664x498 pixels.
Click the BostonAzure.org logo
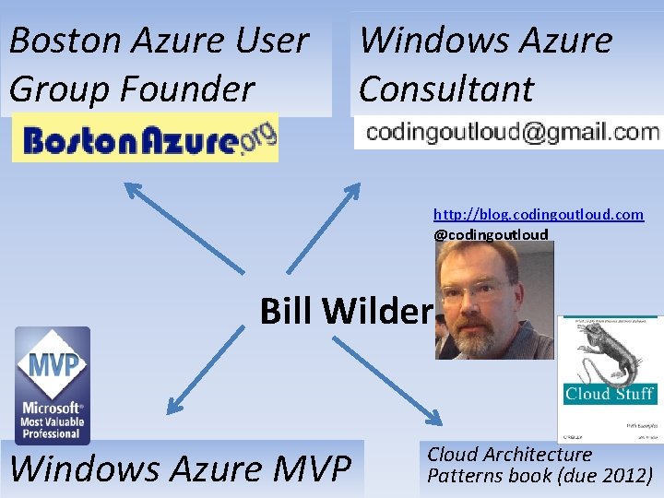[x=145, y=142]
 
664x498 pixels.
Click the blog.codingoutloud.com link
[x=539, y=214]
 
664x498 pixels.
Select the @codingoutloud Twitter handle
[x=491, y=234]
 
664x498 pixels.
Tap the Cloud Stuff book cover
[x=610, y=378]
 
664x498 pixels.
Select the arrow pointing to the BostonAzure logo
[x=184, y=226]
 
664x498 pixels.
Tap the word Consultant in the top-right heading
[x=446, y=89]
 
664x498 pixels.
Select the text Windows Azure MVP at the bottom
[x=181, y=468]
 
